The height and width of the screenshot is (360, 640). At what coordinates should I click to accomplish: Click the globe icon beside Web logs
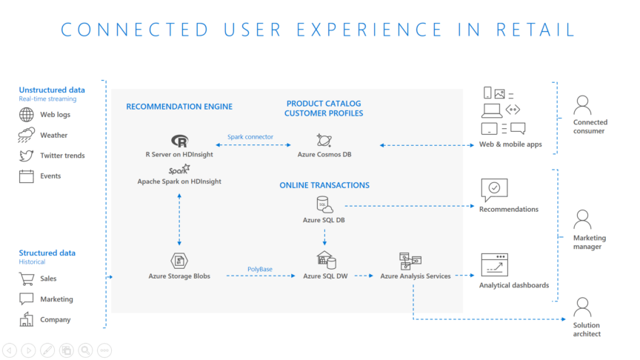pyautogui.click(x=27, y=115)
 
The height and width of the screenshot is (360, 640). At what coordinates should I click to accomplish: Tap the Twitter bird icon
pyautogui.click(x=27, y=156)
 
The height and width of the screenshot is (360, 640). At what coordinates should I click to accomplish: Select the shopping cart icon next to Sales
pyautogui.click(x=27, y=279)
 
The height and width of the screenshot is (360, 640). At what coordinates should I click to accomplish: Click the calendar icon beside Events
pyautogui.click(x=27, y=176)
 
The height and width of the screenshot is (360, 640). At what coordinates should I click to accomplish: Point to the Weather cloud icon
pyautogui.click(x=27, y=136)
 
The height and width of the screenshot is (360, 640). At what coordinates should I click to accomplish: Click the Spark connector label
pyautogui.click(x=250, y=137)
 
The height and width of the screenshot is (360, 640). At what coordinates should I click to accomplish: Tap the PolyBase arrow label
pyautogui.click(x=260, y=269)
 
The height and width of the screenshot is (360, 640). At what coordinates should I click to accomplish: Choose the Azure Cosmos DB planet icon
pyautogui.click(x=324, y=141)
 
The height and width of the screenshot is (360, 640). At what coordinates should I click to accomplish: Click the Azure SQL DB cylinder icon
pyautogui.click(x=323, y=204)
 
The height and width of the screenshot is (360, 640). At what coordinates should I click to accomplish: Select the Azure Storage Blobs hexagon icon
pyautogui.click(x=179, y=261)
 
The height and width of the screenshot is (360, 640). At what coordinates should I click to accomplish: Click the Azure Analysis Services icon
pyautogui.click(x=410, y=260)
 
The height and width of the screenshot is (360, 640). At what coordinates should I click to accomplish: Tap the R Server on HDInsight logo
pyautogui.click(x=179, y=141)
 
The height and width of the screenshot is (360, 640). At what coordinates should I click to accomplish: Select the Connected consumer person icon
pyautogui.click(x=582, y=104)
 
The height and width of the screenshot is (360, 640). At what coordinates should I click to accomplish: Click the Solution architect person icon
pyautogui.click(x=582, y=307)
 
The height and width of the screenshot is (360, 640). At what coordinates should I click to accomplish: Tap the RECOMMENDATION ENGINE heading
pyautogui.click(x=179, y=107)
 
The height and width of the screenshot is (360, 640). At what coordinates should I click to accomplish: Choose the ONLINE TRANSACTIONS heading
pyautogui.click(x=324, y=185)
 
